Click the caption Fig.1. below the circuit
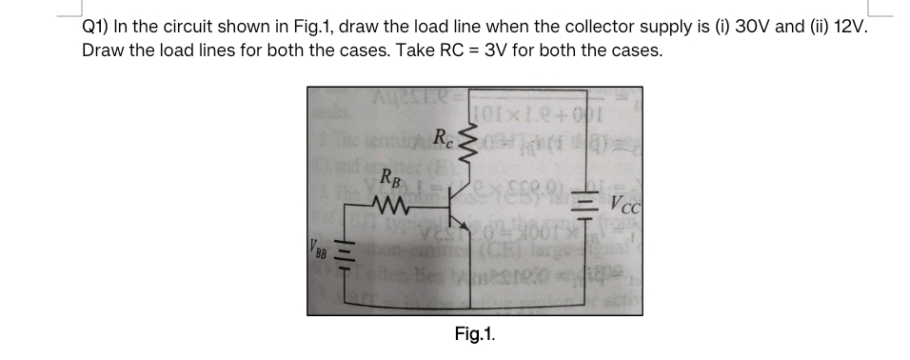tap(474, 334)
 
